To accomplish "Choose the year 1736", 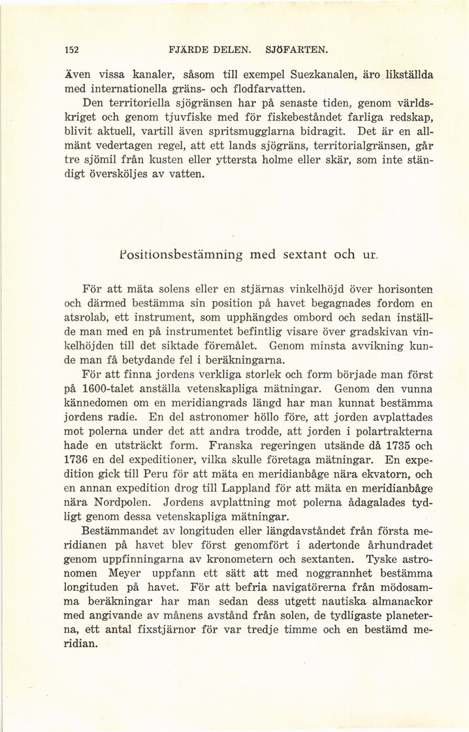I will [x=79, y=460].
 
